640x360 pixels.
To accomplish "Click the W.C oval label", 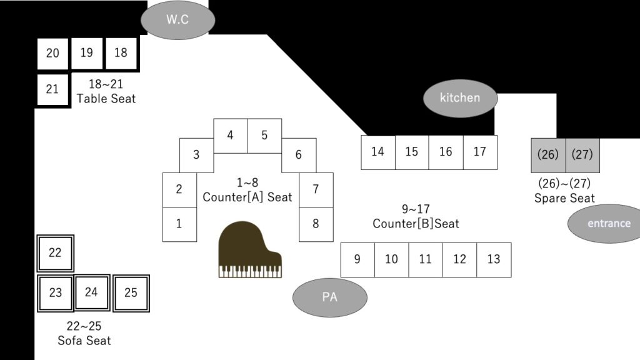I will pyautogui.click(x=177, y=19).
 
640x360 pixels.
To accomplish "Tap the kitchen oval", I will pyautogui.click(x=460, y=97).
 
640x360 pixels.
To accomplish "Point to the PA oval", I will pyautogui.click(x=329, y=297).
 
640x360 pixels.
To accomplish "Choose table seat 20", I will pyautogui.click(x=52, y=53).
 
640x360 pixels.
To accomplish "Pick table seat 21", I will pyautogui.click(x=52, y=89).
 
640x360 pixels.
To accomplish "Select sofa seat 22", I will pyautogui.click(x=55, y=252).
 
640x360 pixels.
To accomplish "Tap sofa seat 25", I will pyautogui.click(x=131, y=292).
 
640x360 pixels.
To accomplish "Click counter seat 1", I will pyautogui.click(x=179, y=224).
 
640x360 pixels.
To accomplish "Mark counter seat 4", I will pyautogui.click(x=231, y=136).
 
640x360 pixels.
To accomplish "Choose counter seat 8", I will pyautogui.click(x=316, y=224).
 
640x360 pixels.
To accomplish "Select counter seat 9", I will pyautogui.click(x=357, y=259).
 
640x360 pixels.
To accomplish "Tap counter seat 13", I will pyautogui.click(x=494, y=259).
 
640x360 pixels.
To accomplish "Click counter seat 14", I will pyautogui.click(x=377, y=152).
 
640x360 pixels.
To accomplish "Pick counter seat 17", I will pyautogui.click(x=480, y=152).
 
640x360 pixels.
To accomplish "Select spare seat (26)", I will pyautogui.click(x=548, y=155).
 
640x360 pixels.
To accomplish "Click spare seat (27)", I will pyautogui.click(x=582, y=155).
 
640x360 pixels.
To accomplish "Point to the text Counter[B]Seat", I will pyautogui.click(x=416, y=223).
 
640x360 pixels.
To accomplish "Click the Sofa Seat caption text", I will pyautogui.click(x=84, y=341).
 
